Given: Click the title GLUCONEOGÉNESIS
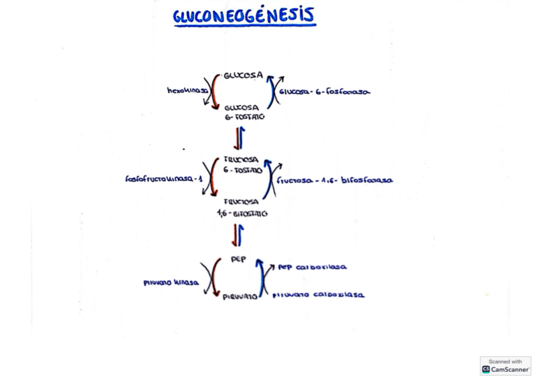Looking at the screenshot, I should coord(244,17).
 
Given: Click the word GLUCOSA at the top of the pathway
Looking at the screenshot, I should coord(243,75).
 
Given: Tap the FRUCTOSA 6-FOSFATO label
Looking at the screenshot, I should coord(242,165).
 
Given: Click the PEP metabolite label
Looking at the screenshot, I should coord(238,259).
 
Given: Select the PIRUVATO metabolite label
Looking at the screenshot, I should coord(240,296).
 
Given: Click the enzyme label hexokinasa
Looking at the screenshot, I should coord(188,91).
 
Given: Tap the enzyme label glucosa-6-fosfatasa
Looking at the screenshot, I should coord(325,92).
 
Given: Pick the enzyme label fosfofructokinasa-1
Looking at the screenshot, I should coord(164,179).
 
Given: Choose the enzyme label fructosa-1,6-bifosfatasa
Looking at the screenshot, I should coord(334,180).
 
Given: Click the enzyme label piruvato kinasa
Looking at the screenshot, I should coord(171,282).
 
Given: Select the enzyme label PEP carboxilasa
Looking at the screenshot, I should coord(313,267).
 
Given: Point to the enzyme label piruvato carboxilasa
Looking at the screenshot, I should coord(318,295).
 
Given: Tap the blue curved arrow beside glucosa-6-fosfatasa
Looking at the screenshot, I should coord(272,92).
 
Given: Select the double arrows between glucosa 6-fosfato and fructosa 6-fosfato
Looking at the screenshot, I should coord(239,137).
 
